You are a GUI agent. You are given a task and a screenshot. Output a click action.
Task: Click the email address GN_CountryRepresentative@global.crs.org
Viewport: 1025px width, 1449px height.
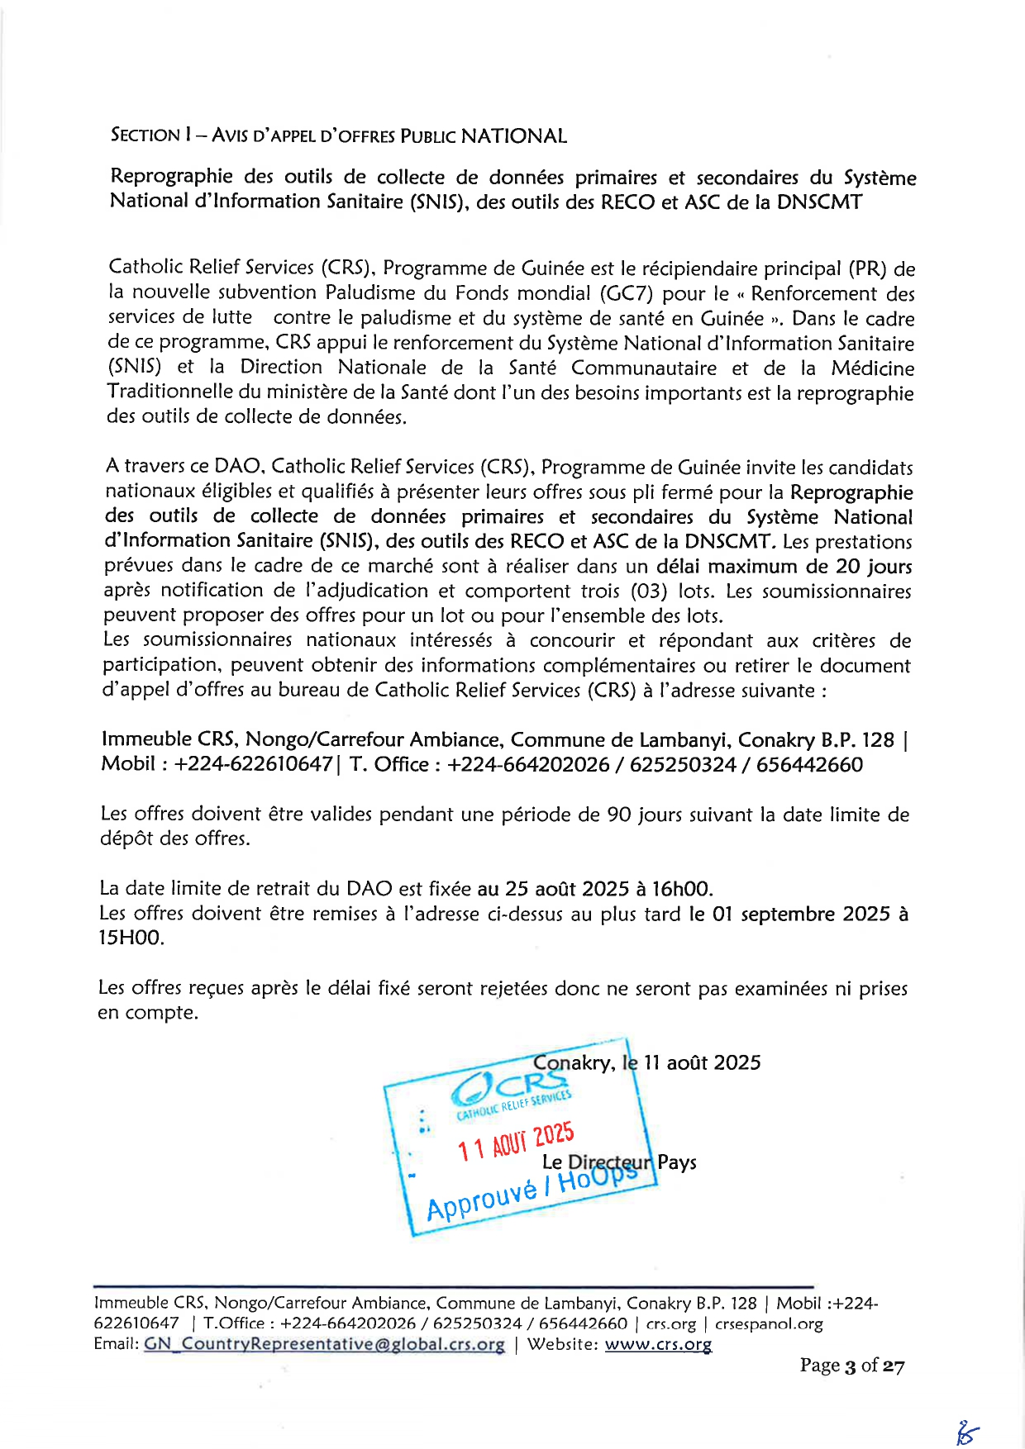tap(324, 1344)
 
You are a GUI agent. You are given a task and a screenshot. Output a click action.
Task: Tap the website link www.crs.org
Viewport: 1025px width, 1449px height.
tap(658, 1344)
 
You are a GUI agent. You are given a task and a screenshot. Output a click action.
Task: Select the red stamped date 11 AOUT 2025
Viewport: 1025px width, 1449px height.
tap(516, 1141)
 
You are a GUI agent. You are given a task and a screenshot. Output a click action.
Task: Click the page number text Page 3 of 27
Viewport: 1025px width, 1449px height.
tap(851, 1366)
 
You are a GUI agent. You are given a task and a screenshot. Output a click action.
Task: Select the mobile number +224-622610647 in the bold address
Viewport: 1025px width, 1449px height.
tap(253, 764)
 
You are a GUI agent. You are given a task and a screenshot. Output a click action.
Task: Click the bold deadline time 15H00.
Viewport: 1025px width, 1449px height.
tap(131, 938)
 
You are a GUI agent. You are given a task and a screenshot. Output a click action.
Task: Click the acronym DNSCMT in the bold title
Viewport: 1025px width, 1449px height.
tap(818, 202)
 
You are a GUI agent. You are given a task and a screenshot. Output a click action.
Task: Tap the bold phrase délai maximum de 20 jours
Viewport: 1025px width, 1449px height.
tap(784, 567)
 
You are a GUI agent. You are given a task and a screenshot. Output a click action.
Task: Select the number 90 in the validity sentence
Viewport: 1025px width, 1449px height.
tap(619, 815)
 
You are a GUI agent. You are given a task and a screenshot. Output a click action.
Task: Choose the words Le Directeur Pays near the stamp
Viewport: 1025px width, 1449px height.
tap(619, 1162)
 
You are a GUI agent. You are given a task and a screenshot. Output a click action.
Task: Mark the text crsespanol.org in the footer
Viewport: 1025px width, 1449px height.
tap(769, 1323)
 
